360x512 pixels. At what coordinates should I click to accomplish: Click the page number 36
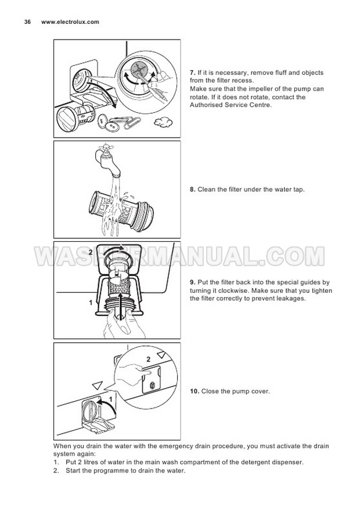(x=27, y=22)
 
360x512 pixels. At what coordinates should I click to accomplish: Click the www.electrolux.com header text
(x=70, y=22)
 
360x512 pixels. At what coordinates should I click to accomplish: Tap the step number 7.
(x=193, y=73)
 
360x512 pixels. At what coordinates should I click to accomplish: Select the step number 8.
(x=193, y=189)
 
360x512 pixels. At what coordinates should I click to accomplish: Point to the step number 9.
(x=193, y=282)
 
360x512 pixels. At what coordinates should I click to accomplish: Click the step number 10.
(x=195, y=391)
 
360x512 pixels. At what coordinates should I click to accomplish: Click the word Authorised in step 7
(x=206, y=105)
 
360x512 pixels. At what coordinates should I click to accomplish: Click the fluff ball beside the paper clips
(x=163, y=122)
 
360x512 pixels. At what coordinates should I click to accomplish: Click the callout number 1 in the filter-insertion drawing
(x=91, y=303)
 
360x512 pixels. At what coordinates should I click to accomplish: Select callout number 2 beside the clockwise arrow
(x=91, y=252)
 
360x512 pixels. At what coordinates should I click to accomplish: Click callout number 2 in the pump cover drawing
(x=149, y=360)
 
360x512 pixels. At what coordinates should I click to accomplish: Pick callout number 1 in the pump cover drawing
(x=111, y=399)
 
